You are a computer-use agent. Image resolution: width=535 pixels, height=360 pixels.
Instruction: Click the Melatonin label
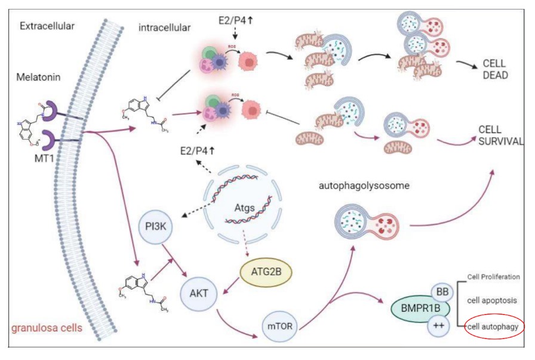pos(36,78)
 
